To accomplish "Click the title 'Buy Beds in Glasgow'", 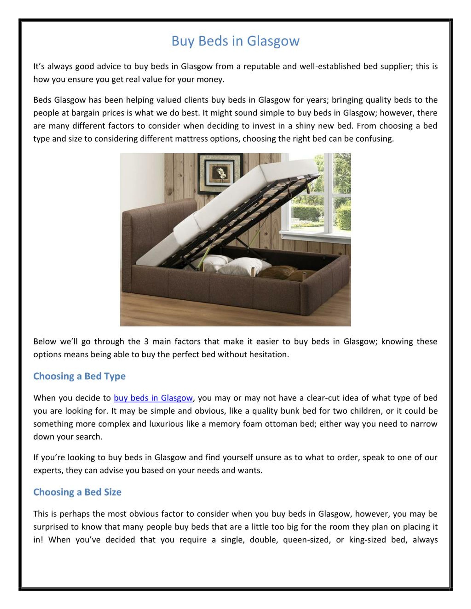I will (x=235, y=41).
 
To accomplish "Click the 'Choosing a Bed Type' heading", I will (x=79, y=376).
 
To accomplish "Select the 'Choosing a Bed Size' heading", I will (x=77, y=492).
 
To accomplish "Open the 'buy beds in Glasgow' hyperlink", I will (x=153, y=398).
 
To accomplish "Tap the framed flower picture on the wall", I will (x=220, y=174).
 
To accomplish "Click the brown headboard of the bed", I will (x=159, y=223).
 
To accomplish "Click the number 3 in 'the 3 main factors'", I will (x=146, y=342).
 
